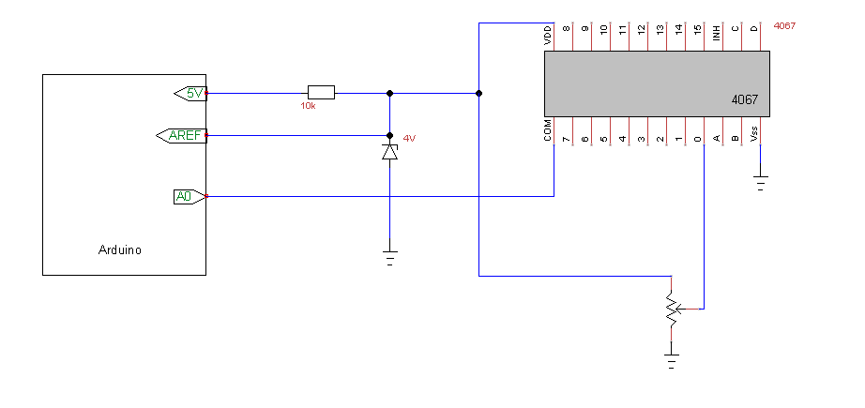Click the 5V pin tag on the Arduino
click(x=190, y=94)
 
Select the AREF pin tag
click(x=181, y=136)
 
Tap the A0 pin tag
click(x=190, y=196)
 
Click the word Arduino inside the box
click(x=120, y=249)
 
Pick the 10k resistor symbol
click(x=321, y=93)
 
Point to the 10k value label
click(x=308, y=106)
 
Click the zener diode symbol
click(x=390, y=152)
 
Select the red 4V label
click(x=409, y=139)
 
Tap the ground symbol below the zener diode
click(x=390, y=258)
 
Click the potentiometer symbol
click(x=673, y=309)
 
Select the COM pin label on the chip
click(x=547, y=129)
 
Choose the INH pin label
click(x=716, y=33)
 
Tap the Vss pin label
click(x=754, y=133)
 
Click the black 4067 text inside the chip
click(x=745, y=99)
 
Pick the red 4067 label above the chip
click(x=785, y=26)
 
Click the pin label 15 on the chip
click(x=697, y=30)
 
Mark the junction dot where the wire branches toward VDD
click(x=478, y=93)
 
